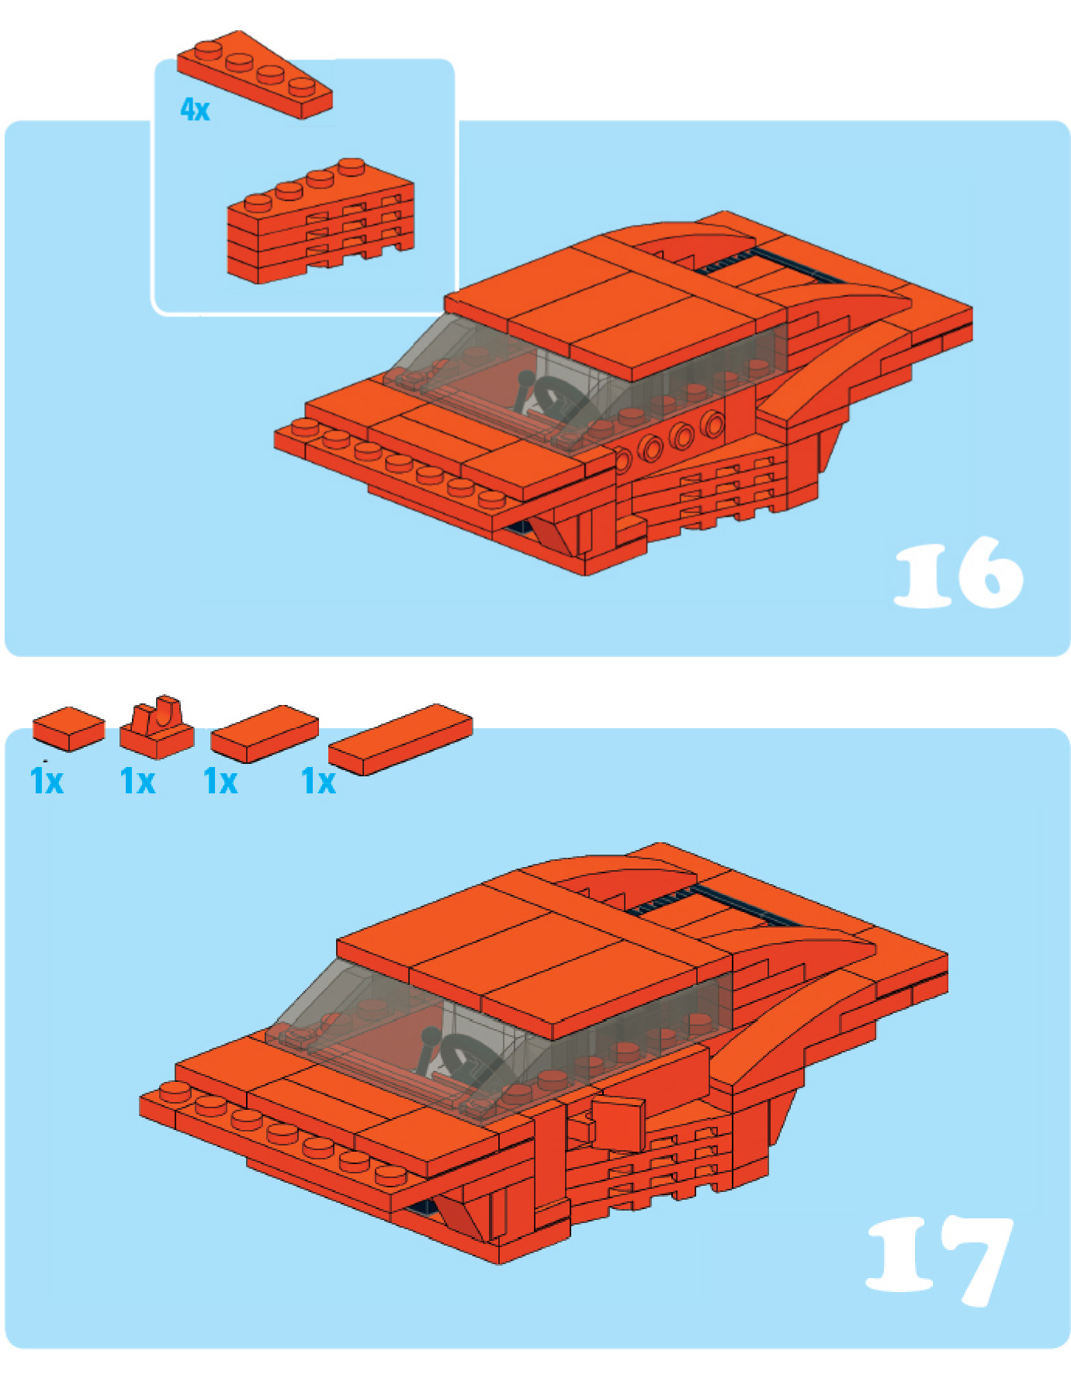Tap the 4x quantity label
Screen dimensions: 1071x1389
[195, 109]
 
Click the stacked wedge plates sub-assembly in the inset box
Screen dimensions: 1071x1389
[321, 221]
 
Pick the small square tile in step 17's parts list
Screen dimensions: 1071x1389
[68, 728]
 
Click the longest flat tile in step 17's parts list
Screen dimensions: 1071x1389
[400, 739]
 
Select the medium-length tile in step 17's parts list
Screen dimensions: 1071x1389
[265, 733]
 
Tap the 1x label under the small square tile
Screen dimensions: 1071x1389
[47, 781]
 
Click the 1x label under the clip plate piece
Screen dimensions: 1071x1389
[138, 781]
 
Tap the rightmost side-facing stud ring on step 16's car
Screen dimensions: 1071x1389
[712, 423]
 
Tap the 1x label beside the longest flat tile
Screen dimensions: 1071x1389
[318, 781]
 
